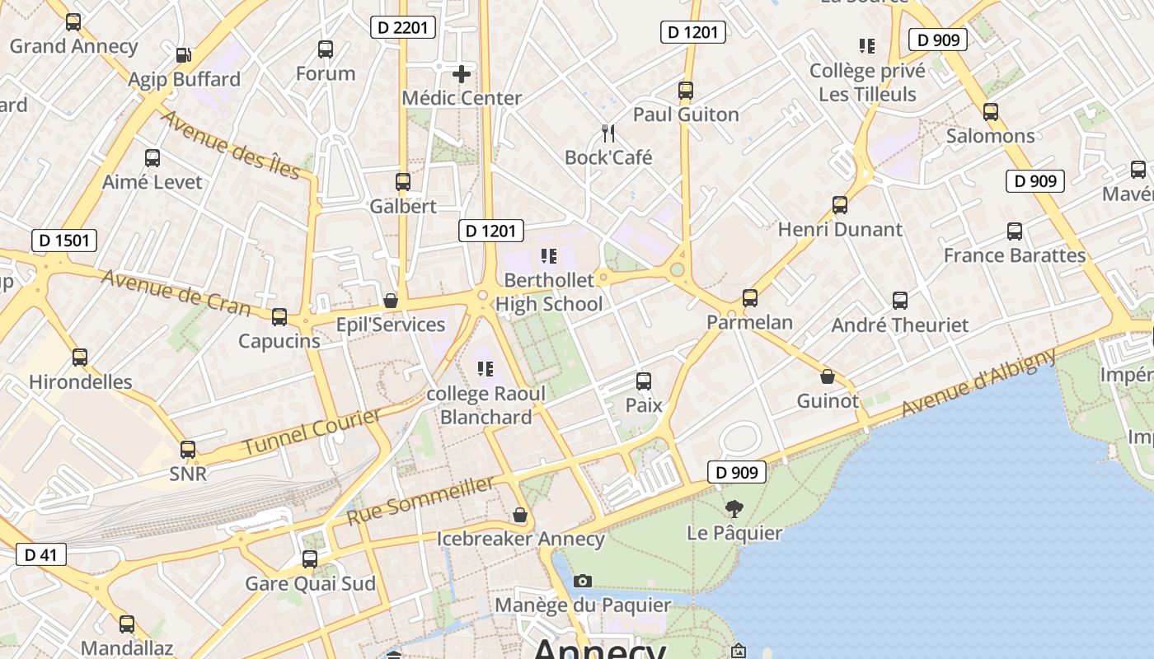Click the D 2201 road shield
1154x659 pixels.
(x=402, y=27)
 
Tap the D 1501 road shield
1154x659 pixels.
(x=64, y=241)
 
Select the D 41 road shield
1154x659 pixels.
(x=40, y=554)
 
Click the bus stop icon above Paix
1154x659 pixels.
(x=644, y=381)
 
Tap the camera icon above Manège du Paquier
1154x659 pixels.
(x=583, y=582)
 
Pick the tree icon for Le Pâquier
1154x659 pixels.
(x=734, y=509)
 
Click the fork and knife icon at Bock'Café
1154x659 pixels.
(x=608, y=133)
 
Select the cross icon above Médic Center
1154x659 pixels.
(x=462, y=74)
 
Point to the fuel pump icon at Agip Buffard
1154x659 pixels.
(x=184, y=56)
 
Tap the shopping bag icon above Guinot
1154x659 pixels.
(x=828, y=377)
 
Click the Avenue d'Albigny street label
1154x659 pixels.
(x=978, y=383)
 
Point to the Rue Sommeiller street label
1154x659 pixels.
(x=420, y=501)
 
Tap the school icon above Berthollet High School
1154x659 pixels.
(x=549, y=256)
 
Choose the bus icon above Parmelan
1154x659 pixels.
(x=750, y=297)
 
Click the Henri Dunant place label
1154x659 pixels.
(x=840, y=229)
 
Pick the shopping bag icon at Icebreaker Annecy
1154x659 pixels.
(x=520, y=515)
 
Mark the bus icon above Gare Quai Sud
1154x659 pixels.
(x=310, y=559)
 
